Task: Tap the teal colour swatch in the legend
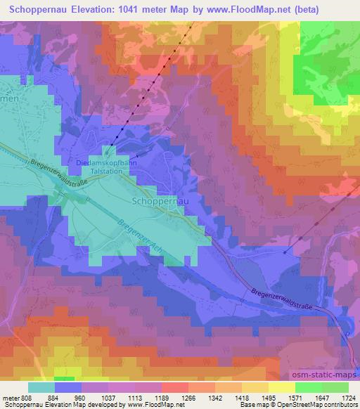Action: (x=41, y=387)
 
